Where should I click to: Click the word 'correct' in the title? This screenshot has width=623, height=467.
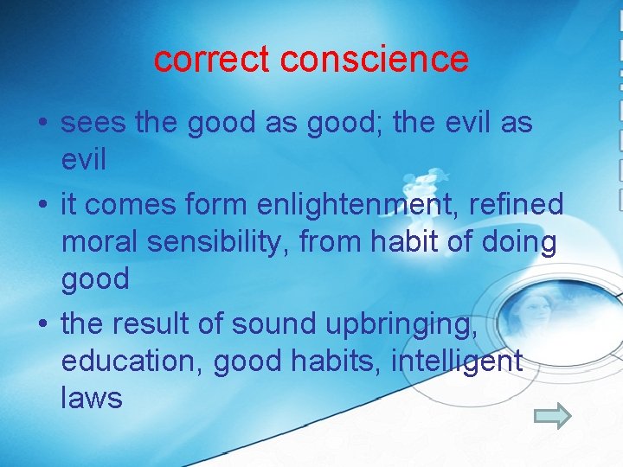212,60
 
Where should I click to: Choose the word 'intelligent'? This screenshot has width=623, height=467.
457,361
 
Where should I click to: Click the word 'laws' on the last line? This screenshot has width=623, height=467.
92,398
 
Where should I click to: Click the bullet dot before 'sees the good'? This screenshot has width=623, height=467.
42,125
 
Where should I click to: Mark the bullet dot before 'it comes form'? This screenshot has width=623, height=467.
42,206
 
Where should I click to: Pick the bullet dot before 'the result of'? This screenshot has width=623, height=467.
42,325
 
